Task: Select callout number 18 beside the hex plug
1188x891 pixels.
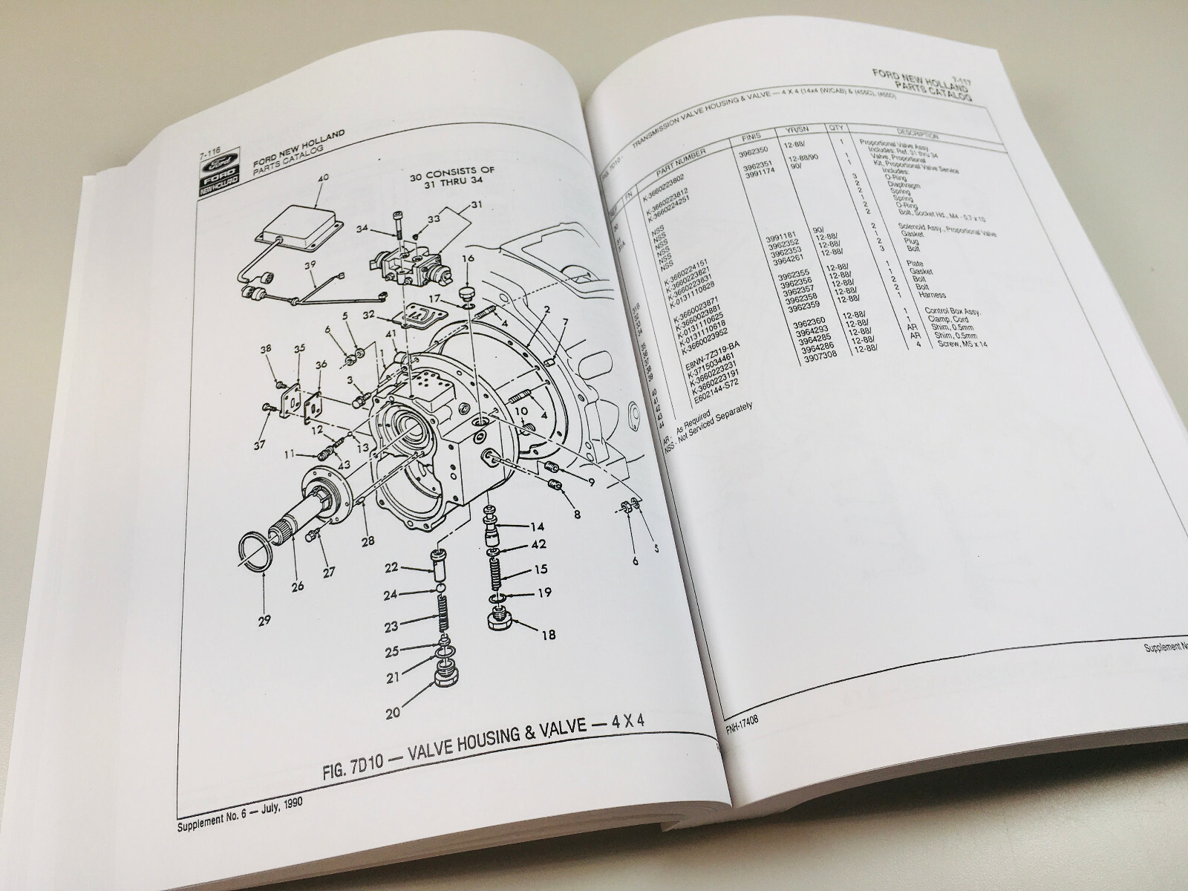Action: (549, 636)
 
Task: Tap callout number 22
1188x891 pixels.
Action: (392, 568)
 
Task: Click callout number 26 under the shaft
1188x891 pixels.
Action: (298, 587)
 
